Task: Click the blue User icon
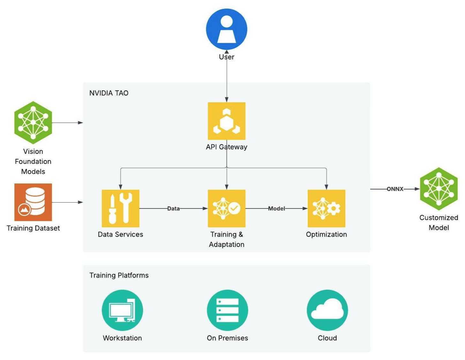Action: pos(226,29)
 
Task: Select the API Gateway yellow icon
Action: pos(226,121)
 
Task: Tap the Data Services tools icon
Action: pos(120,208)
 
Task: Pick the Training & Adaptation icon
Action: pos(226,208)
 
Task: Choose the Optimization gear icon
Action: pos(326,208)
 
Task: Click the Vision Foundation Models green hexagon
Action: pos(33,123)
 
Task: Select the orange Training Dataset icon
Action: pos(33,202)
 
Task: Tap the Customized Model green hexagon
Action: pos(439,189)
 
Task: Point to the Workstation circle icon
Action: pos(122,310)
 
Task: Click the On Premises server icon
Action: pos(227,310)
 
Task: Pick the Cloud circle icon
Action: pos(327,310)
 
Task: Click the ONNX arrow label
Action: pos(395,189)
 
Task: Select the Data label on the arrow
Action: pos(173,208)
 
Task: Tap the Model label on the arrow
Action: pos(276,208)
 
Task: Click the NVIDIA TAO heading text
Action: pos(109,93)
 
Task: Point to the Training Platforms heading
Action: pos(119,275)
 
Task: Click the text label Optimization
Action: pos(326,234)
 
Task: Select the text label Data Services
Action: pos(120,234)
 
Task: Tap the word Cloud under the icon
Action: pos(327,338)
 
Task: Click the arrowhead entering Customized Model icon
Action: pos(417,189)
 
